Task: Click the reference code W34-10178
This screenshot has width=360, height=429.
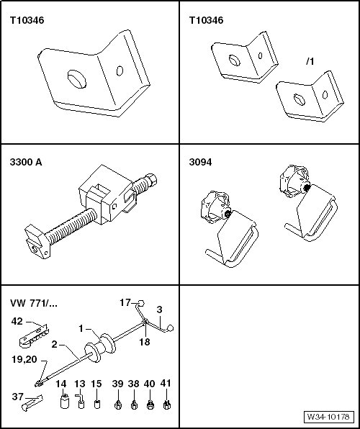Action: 328,417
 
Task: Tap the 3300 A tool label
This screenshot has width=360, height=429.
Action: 26,162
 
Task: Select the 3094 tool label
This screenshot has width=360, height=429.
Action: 200,162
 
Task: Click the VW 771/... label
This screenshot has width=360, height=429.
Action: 34,303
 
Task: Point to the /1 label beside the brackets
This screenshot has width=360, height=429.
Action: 310,62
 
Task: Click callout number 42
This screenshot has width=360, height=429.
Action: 17,321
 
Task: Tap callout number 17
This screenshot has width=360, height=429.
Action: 125,302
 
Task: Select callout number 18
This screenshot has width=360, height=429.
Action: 145,342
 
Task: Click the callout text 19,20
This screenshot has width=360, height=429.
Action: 24,359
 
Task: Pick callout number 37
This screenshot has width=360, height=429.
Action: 18,397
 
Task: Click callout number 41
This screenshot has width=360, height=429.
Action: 166,384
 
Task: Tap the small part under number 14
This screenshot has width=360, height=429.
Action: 65,402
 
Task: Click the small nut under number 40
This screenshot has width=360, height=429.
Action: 150,405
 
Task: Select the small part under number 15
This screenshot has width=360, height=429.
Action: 97,404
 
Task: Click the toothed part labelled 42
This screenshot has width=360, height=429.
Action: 34,335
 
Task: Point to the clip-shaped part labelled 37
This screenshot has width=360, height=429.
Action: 32,403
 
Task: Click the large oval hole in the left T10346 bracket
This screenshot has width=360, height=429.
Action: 77,79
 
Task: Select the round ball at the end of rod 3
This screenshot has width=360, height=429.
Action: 171,328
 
